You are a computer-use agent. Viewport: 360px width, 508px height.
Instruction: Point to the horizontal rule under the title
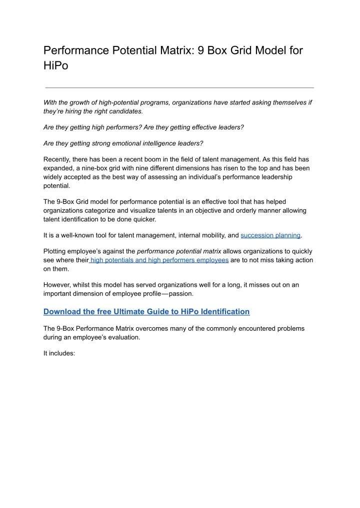click(179, 87)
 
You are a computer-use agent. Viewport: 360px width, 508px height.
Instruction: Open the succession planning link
click(270, 235)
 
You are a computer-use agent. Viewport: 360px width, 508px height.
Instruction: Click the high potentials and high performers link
click(159, 260)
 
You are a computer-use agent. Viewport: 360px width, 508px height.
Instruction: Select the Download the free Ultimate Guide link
click(146, 311)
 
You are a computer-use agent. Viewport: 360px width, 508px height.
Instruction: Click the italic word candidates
click(121, 111)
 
